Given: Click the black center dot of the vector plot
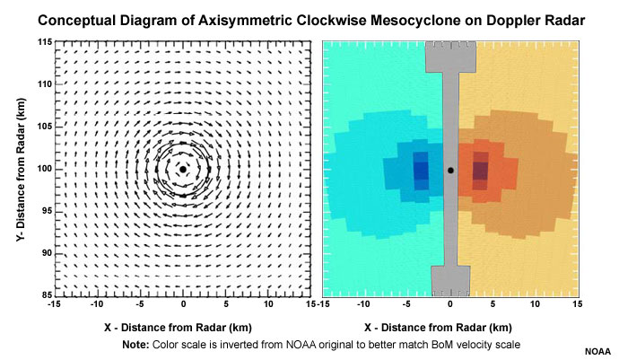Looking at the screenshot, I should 183,169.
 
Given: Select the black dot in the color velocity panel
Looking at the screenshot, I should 450,170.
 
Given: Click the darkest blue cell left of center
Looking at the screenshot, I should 420,169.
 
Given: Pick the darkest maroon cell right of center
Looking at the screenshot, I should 480,169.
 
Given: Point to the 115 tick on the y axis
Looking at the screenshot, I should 41,42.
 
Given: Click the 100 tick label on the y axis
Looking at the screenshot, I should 41,169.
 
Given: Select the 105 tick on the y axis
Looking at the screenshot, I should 41,127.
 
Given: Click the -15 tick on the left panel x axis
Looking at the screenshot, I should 56,305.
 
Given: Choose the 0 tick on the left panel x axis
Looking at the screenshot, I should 183,305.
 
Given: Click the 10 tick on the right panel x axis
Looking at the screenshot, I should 536,305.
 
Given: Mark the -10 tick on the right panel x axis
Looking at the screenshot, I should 365,305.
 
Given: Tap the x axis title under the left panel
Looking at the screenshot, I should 183,327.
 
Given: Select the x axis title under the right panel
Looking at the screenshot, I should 450,327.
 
